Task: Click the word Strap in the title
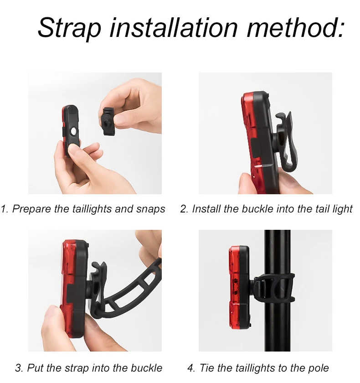(x=69, y=28)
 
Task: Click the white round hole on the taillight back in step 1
(x=73, y=131)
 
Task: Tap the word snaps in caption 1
(x=150, y=210)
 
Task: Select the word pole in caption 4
(x=319, y=368)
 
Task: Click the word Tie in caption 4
(x=207, y=368)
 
